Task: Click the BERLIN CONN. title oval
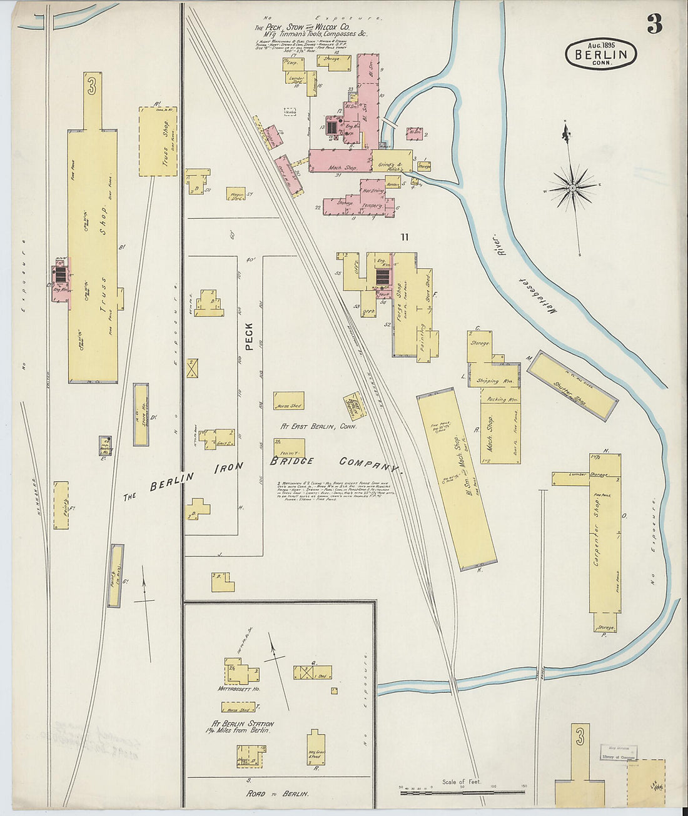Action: [x=601, y=54]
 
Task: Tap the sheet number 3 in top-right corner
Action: [x=654, y=24]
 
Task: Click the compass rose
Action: [x=572, y=186]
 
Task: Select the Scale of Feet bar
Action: [x=463, y=792]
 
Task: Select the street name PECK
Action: [x=249, y=336]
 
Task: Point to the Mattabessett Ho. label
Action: [x=239, y=689]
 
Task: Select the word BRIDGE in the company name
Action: [x=291, y=461]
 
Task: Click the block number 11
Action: [x=405, y=236]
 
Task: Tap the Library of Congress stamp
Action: [x=619, y=752]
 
